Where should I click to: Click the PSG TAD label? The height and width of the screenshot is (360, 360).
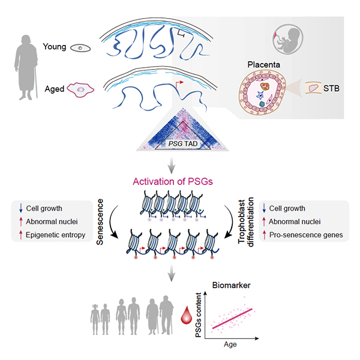point(179,144)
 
